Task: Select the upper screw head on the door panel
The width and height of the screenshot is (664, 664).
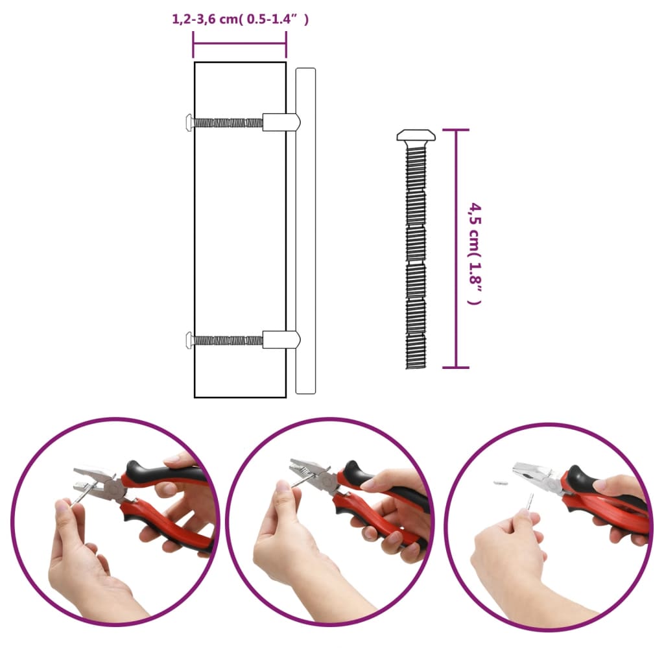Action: [x=189, y=121]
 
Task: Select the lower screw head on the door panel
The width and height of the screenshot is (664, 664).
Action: [x=189, y=339]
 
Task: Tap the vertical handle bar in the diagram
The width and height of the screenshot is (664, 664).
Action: [x=305, y=231]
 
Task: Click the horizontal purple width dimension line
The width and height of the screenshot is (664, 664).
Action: [x=239, y=43]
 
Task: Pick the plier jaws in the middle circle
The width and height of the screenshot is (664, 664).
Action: [x=305, y=471]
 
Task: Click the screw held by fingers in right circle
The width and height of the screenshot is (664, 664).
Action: [x=529, y=503]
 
